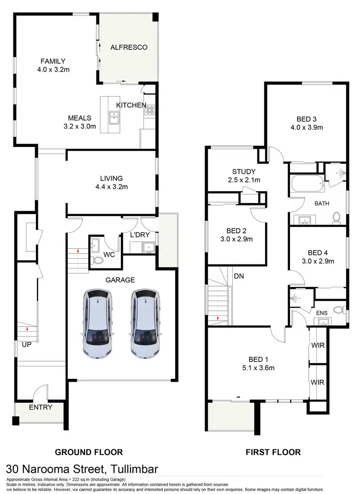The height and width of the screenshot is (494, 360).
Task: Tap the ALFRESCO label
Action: [x=129, y=47]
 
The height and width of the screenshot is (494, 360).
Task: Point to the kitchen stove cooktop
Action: [x=149, y=110]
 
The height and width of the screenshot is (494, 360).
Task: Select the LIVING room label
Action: [x=112, y=178]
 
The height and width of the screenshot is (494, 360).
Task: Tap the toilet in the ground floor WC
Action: [x=97, y=260]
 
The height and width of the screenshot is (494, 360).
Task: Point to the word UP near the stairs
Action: [x=26, y=344]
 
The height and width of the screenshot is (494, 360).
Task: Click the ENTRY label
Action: [x=40, y=407]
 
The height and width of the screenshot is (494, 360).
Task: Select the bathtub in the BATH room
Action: [x=307, y=183]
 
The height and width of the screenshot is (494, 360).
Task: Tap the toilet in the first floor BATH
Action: [x=336, y=218]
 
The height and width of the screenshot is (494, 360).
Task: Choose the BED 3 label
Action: [x=307, y=119]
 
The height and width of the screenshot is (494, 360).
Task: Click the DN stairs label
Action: [x=239, y=276]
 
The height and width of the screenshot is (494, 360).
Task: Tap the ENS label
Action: [x=322, y=313]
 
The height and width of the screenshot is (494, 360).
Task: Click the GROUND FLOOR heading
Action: [x=89, y=452]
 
